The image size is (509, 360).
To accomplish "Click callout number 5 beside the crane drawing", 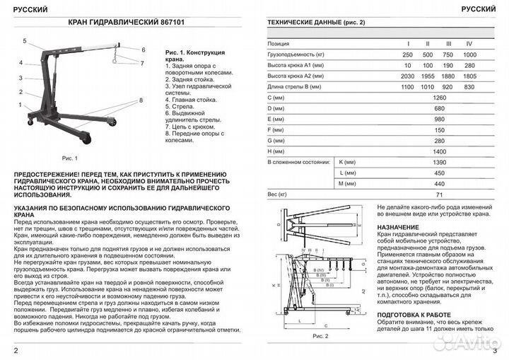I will click(x=23, y=40).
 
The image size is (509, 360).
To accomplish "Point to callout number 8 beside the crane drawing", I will click(x=141, y=100).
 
